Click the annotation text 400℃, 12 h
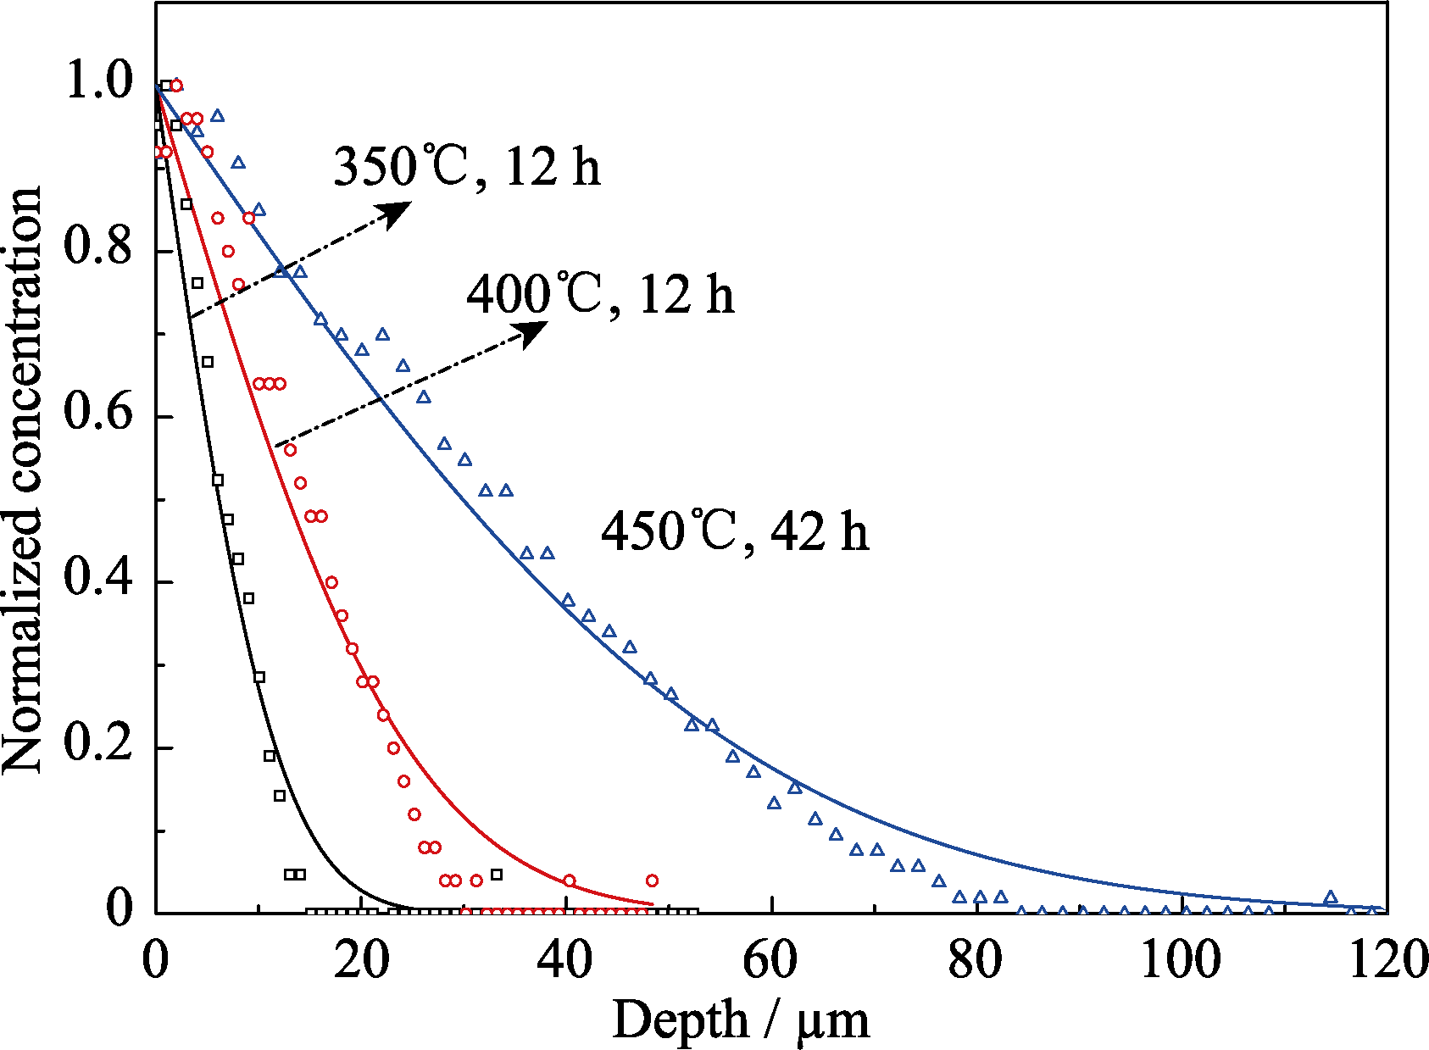click(x=600, y=295)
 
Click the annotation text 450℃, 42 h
click(x=735, y=532)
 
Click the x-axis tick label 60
click(x=771, y=961)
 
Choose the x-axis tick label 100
click(x=1181, y=961)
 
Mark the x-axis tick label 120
click(x=1387, y=961)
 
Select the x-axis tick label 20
click(x=361, y=961)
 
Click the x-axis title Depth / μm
click(x=741, y=1019)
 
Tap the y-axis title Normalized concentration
click(x=23, y=480)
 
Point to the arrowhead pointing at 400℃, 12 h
click(x=533, y=333)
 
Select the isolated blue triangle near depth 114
click(x=1331, y=897)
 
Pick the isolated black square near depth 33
click(x=497, y=875)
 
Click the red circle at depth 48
click(x=652, y=881)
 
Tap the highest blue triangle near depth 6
click(x=218, y=115)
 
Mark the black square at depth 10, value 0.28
click(x=259, y=676)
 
